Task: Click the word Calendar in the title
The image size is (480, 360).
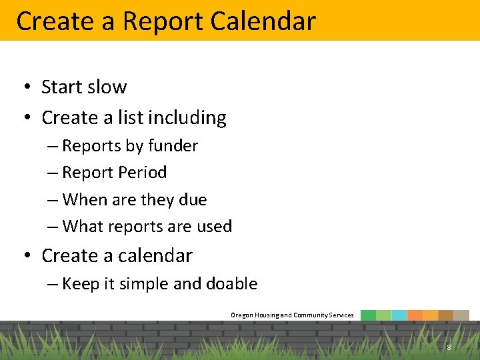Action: [x=262, y=21]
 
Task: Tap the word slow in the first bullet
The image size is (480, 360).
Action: [x=105, y=87]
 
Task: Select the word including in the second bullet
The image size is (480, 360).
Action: [x=187, y=118]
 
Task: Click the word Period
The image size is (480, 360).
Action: [x=142, y=173]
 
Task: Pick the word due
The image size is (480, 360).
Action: [x=193, y=199]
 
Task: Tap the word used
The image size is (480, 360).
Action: [x=214, y=227]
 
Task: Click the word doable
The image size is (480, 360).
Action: [x=231, y=284]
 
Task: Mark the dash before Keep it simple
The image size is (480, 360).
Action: [x=53, y=284]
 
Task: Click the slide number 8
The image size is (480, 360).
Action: [x=449, y=347]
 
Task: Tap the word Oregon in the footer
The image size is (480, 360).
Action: [x=242, y=315]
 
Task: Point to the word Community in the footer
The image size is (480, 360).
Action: [x=311, y=315]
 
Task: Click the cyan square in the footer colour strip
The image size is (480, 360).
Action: [x=399, y=315]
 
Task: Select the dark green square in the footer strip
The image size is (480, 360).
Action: [x=368, y=315]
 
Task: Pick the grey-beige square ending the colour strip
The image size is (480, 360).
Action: [x=461, y=315]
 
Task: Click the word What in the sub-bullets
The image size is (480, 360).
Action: [x=82, y=227]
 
